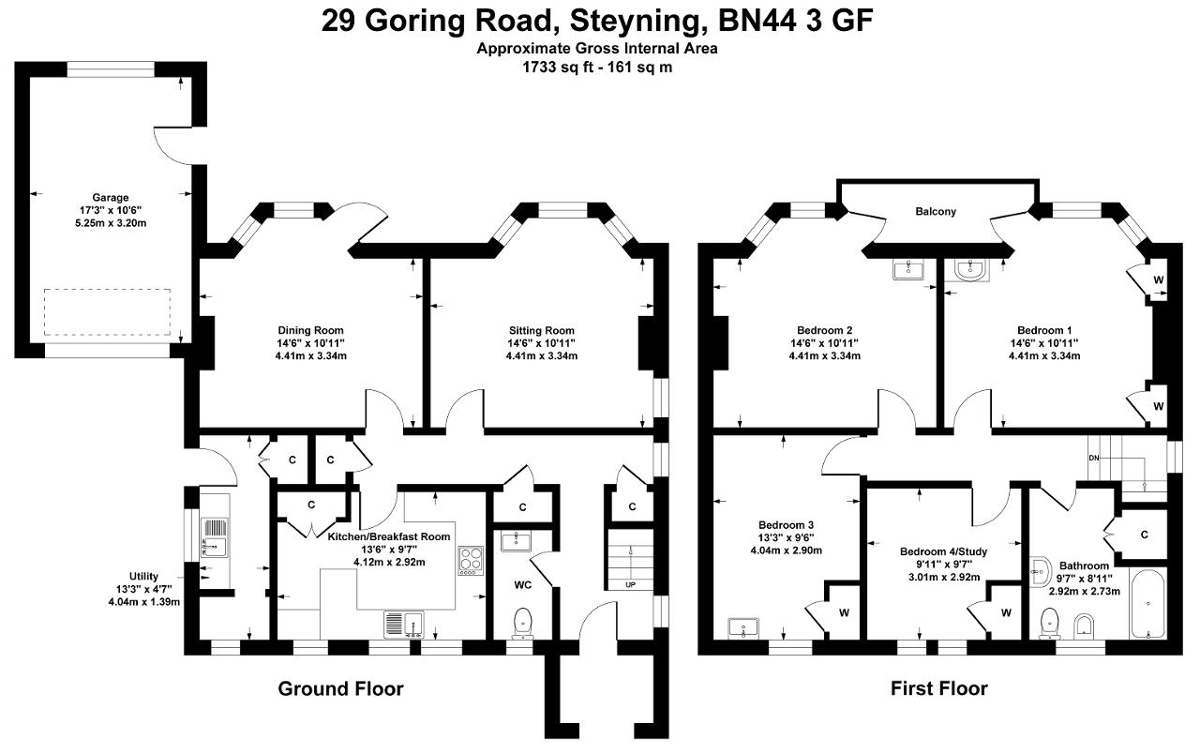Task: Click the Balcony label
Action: point(936,212)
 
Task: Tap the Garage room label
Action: point(111,198)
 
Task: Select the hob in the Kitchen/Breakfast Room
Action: point(471,561)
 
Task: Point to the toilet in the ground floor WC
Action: point(522,624)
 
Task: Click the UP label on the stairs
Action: point(631,584)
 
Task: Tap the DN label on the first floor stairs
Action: point(1094,459)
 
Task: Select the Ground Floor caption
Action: point(340,688)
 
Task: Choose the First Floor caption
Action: point(939,688)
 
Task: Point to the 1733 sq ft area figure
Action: point(556,68)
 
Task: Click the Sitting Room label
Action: point(542,331)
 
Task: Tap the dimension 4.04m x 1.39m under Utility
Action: point(144,602)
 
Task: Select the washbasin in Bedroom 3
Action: point(743,628)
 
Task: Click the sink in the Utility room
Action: point(215,537)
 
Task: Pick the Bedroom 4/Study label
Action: point(943,551)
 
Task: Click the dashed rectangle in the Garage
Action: point(107,312)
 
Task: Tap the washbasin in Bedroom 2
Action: point(908,269)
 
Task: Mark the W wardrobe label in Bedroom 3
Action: point(845,613)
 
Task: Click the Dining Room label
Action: point(310,331)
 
